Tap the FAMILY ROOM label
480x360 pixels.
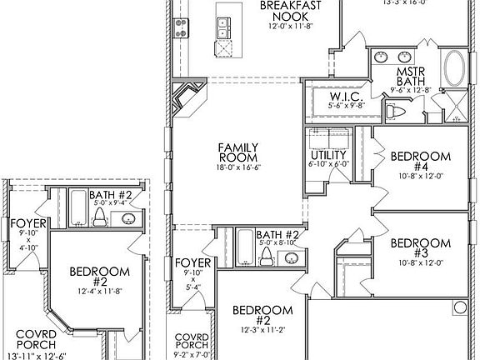pyautogui.click(x=237, y=150)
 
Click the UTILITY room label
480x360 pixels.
pyautogui.click(x=327, y=155)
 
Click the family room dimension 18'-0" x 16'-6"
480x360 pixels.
pyautogui.click(x=237, y=167)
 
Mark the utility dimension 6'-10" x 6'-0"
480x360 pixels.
pyautogui.click(x=327, y=165)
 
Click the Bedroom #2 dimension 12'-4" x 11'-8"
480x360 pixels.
pyautogui.click(x=99, y=290)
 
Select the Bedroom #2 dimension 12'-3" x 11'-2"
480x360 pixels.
pyautogui.click(x=262, y=330)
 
